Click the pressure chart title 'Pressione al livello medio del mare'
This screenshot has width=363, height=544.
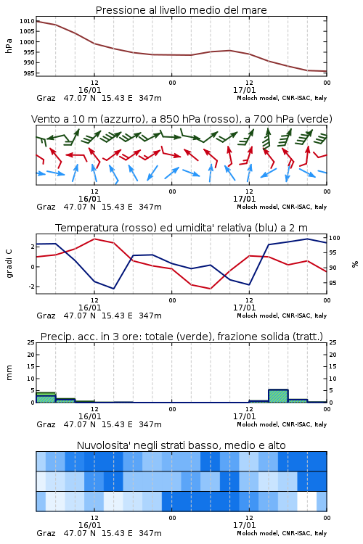coord(181,10)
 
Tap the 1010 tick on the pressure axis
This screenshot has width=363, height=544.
coord(27,21)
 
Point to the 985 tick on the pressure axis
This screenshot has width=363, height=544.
coord(28,73)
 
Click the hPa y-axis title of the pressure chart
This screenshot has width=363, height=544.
coord(9,46)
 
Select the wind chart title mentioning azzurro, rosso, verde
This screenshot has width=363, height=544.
coord(181,119)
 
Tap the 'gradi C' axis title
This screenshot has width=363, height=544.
coord(9,263)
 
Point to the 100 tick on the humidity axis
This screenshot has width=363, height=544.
coord(335,238)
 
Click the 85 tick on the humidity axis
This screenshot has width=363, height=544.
coord(333,283)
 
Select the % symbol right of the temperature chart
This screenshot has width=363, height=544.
coord(355,264)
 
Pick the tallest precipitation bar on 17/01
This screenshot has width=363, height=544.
coord(278,396)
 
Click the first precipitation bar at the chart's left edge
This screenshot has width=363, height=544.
coord(46,397)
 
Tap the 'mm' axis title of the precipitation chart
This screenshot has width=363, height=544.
coord(9,373)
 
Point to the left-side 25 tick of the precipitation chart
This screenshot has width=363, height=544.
coord(31,342)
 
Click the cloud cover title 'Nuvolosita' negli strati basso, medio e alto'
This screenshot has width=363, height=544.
coord(181,445)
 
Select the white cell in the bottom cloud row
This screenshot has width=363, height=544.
coord(307,501)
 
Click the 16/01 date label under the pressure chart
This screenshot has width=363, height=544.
coord(89,90)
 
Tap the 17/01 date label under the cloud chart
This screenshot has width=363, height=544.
coord(244,525)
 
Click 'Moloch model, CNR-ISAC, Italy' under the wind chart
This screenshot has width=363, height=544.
coord(282,207)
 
